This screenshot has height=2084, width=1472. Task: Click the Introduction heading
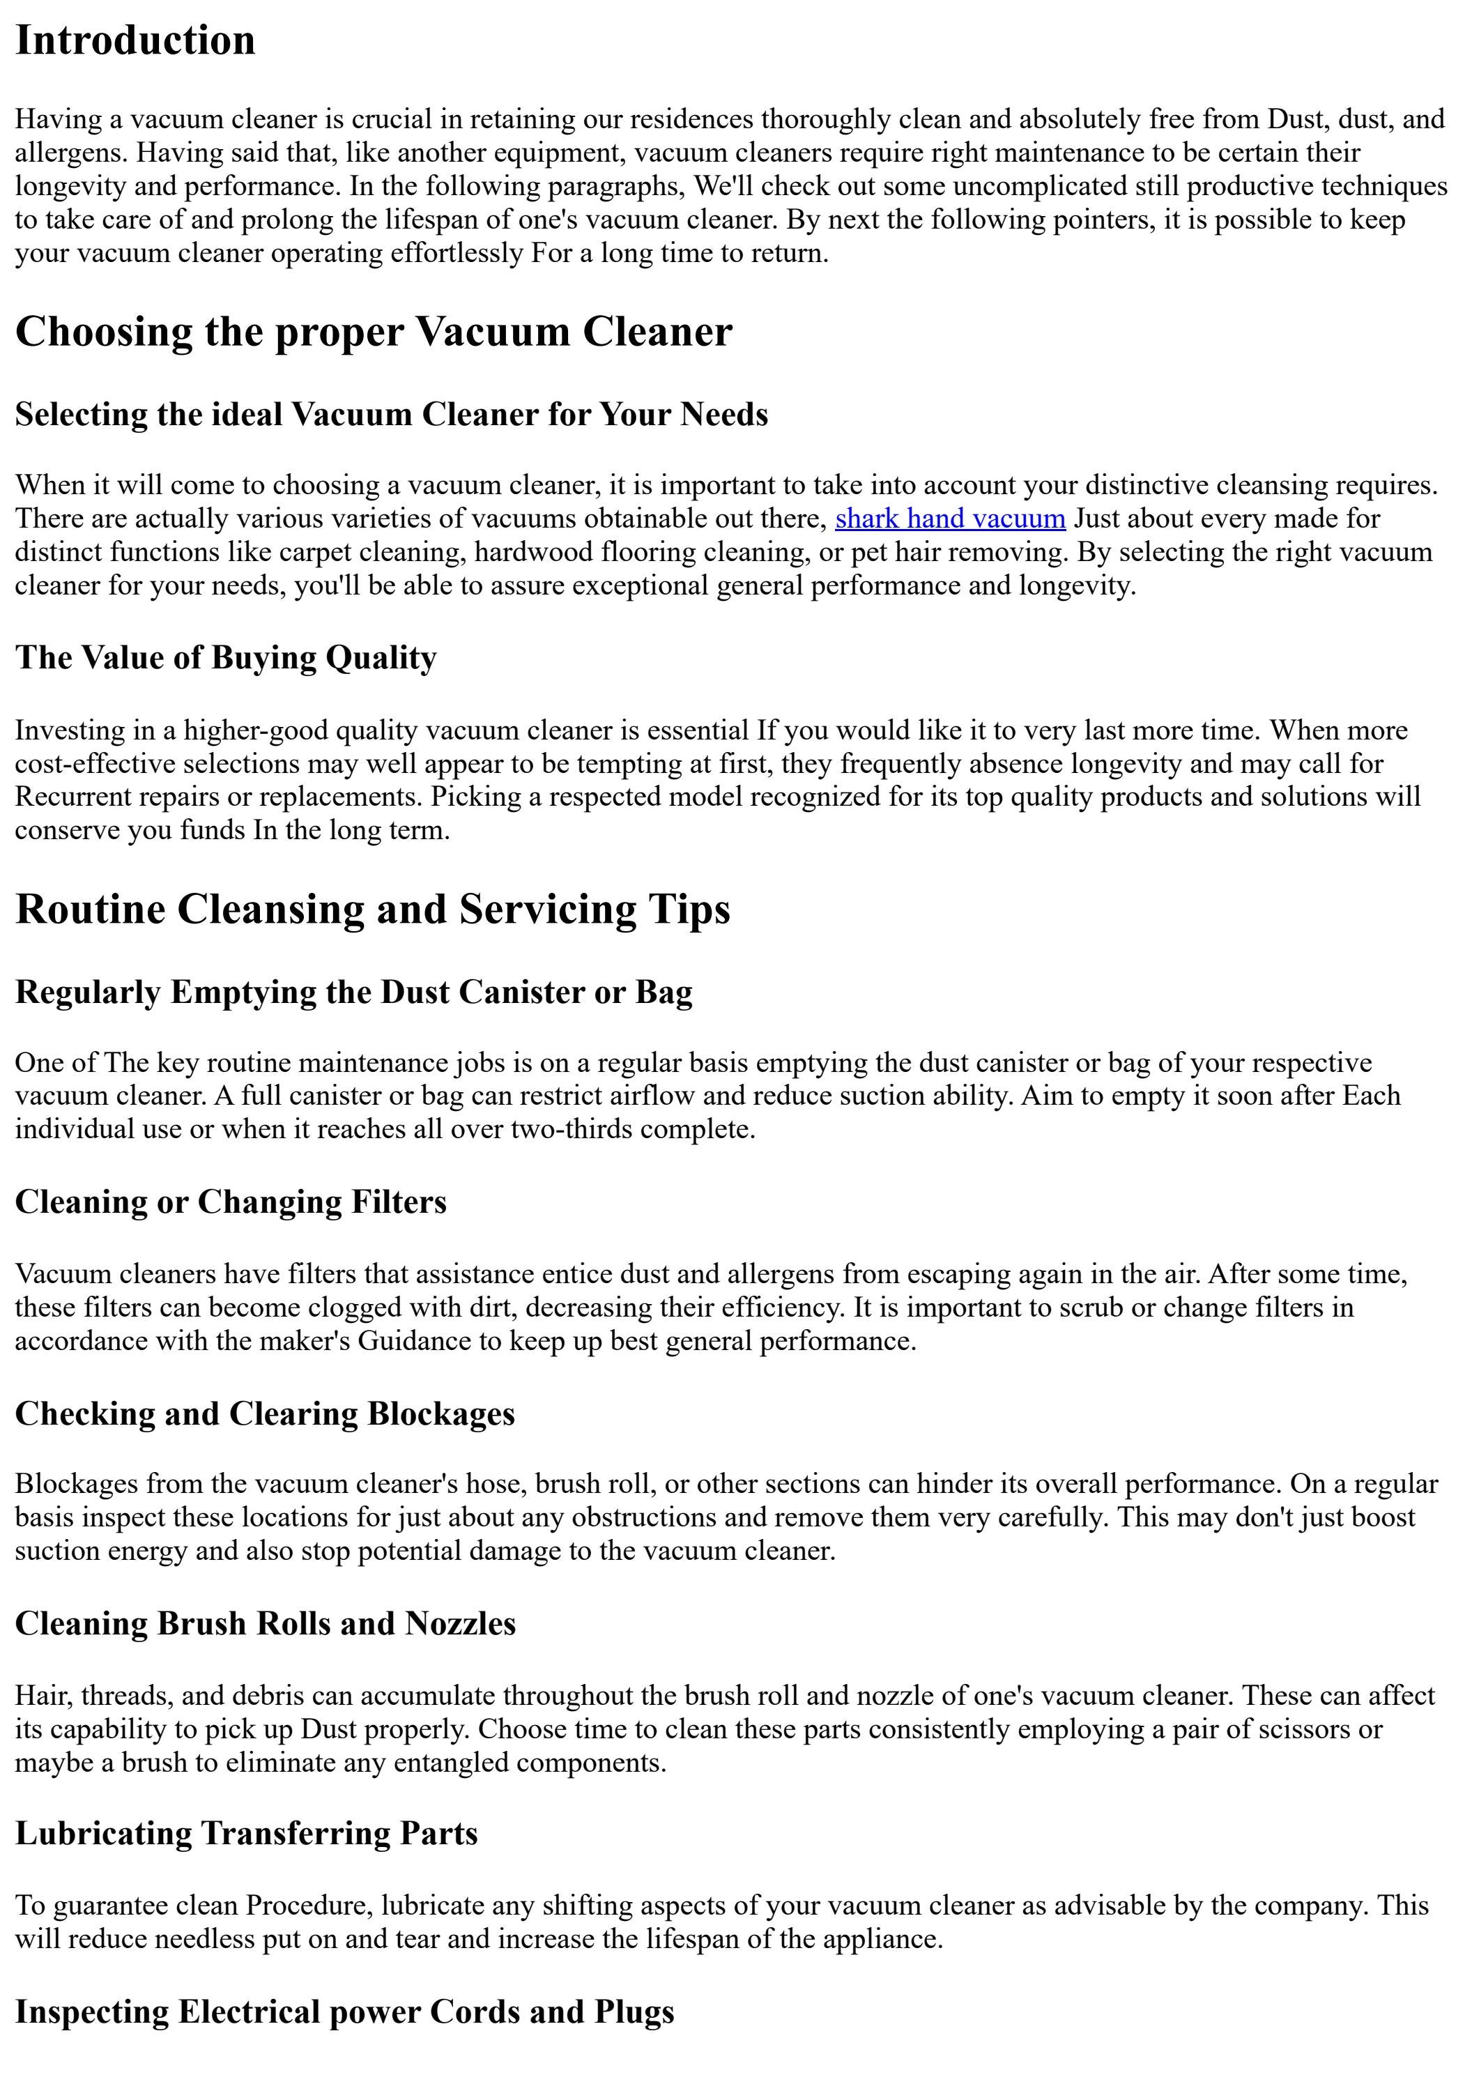click(135, 41)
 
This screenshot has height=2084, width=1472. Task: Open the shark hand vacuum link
click(949, 519)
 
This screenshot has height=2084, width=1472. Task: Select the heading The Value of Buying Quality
click(225, 657)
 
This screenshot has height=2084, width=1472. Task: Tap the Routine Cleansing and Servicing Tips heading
click(372, 909)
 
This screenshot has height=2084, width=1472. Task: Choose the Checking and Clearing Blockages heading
click(264, 1413)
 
